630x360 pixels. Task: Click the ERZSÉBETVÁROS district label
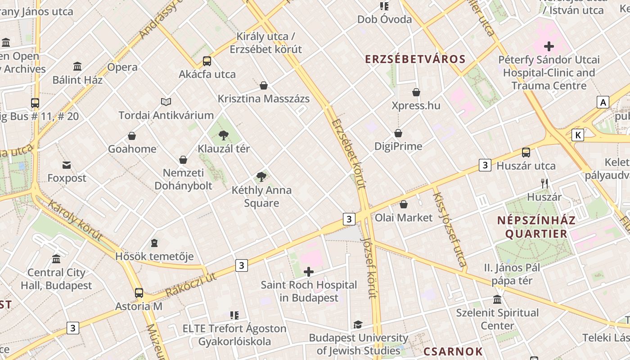(x=415, y=59)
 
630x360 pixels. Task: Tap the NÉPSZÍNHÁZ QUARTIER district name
(x=536, y=227)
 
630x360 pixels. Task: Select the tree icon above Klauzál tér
(x=223, y=135)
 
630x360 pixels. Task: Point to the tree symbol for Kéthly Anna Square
(x=261, y=176)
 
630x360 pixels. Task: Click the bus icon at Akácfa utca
(x=207, y=61)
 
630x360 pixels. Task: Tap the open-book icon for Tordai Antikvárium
(x=166, y=102)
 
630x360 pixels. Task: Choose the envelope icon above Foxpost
(x=67, y=165)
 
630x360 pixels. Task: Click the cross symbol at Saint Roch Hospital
(x=309, y=271)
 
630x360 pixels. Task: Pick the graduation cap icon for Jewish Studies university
(x=358, y=324)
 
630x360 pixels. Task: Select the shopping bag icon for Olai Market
(x=404, y=204)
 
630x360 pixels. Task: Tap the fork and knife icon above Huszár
(x=544, y=183)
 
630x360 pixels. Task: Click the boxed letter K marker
(x=578, y=135)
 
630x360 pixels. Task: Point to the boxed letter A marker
(x=603, y=102)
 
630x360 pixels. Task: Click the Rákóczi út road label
(x=191, y=285)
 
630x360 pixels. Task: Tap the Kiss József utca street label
(x=449, y=229)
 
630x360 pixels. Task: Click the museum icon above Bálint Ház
(x=77, y=67)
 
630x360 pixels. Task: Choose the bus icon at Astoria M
(x=139, y=293)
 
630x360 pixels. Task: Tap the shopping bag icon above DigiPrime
(x=398, y=133)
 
